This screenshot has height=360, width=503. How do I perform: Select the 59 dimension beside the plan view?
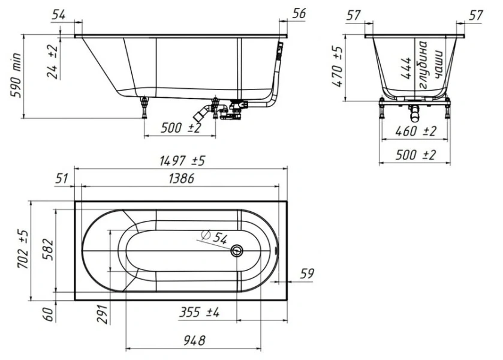click(306, 274)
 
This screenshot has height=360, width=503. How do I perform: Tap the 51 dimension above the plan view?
click(61, 178)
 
